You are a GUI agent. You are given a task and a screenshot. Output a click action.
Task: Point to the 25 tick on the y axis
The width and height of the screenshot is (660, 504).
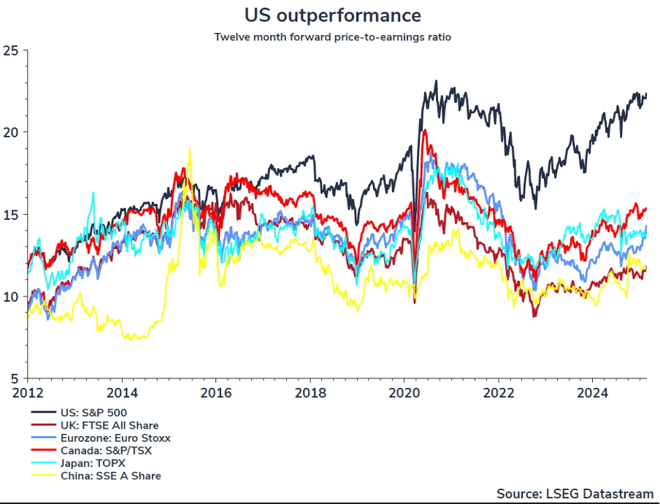(10, 50)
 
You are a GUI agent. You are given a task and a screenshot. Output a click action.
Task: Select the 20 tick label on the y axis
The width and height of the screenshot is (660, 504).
(10, 132)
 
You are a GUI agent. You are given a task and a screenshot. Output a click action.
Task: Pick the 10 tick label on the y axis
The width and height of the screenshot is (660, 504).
(10, 297)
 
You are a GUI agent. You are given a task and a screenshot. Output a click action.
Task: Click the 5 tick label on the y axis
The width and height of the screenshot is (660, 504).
(13, 378)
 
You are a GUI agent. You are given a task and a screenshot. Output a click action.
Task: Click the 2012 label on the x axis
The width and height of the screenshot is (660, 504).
(27, 393)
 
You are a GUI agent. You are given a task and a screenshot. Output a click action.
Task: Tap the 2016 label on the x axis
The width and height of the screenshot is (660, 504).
(215, 393)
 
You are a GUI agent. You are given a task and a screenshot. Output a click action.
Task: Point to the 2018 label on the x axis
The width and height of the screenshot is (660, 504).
(310, 393)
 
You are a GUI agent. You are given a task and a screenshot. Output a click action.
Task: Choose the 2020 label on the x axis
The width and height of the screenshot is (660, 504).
(404, 393)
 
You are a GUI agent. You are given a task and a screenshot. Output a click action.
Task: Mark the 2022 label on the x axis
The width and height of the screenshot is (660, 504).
(499, 393)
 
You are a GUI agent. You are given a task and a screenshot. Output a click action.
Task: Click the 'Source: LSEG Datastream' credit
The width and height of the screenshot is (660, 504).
(574, 492)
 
